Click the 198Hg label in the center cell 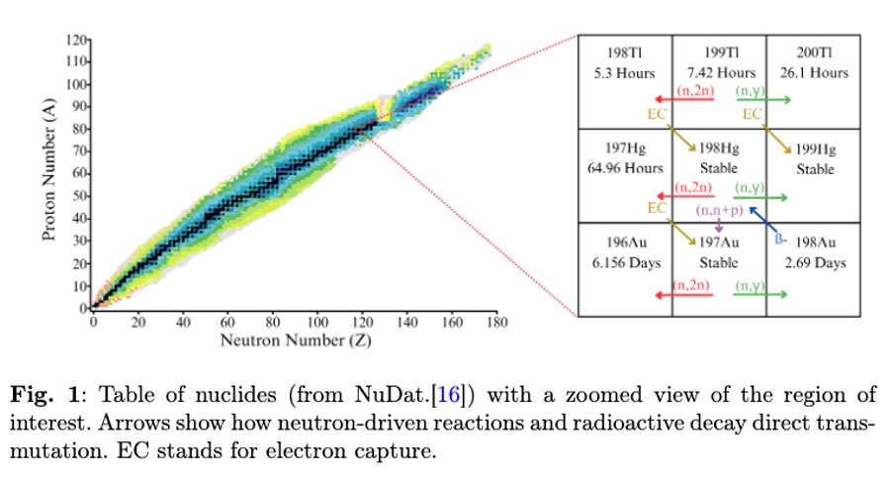pyautogui.click(x=718, y=149)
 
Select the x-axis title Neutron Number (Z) pyautogui.click(x=293, y=340)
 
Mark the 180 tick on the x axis pyautogui.click(x=496, y=322)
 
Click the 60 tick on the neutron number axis pyautogui.click(x=227, y=322)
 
